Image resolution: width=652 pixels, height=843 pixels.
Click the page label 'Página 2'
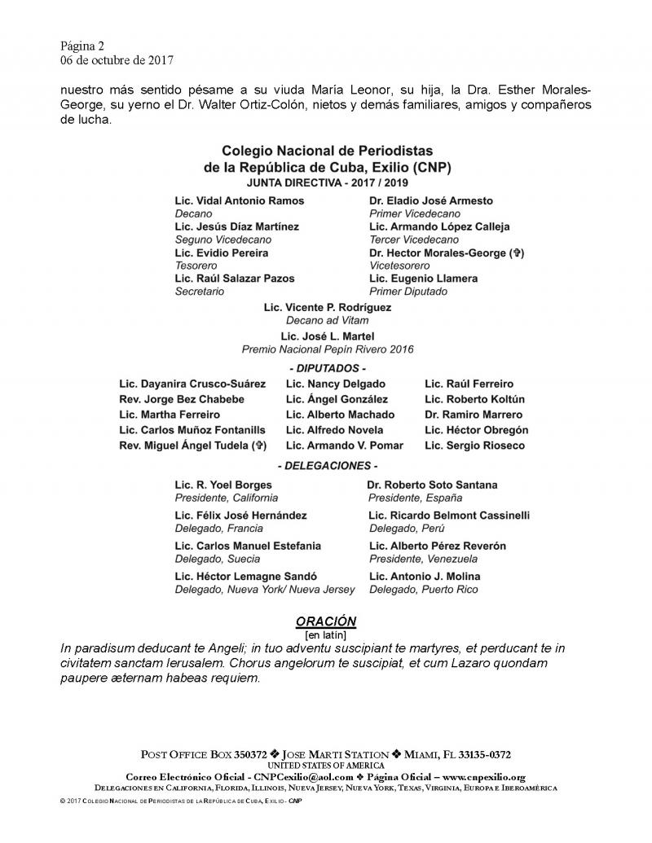pos(82,46)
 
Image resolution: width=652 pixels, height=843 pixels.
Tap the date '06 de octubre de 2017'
pos(117,59)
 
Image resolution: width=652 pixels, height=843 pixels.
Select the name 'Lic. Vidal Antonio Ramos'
pos(240,200)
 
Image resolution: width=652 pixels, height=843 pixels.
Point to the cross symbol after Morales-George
pos(516,253)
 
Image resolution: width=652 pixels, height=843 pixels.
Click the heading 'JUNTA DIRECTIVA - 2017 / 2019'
pos(327,183)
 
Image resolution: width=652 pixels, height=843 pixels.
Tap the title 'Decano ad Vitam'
pos(327,321)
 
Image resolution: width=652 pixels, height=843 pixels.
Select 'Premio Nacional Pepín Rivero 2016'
pos(328,349)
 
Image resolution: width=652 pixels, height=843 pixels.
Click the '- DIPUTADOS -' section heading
pos(328,368)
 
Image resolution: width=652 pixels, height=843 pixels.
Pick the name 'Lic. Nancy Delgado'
pos(336,384)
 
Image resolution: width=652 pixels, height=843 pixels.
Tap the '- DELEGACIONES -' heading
pos(328,467)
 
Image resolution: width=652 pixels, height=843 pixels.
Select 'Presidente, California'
pos(227,498)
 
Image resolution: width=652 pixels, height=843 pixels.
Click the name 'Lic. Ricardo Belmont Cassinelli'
pos(449,516)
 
